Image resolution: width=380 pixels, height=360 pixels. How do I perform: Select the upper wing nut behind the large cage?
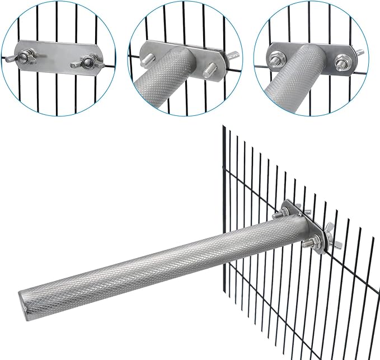pyautogui.click(x=306, y=211)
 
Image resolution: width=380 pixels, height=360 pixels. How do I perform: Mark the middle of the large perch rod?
pyautogui.click(x=162, y=258)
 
